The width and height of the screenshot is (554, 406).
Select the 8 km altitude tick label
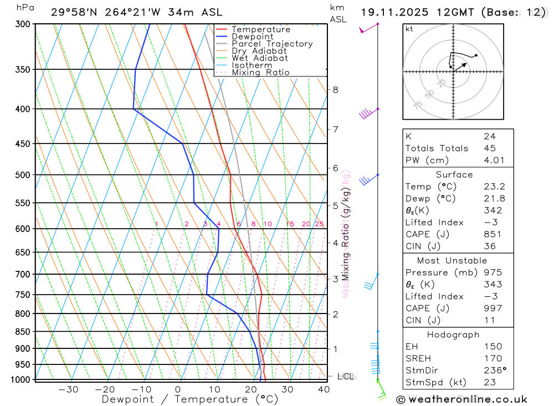[335, 90]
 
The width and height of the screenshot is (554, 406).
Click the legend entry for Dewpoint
[252, 37]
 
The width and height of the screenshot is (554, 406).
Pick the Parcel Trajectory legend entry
[271, 44]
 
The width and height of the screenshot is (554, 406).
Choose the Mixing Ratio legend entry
[260, 73]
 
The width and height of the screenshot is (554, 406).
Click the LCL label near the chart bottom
[345, 377]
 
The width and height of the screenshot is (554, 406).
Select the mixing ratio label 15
[290, 224]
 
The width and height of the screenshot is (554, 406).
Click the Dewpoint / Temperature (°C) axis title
[189, 399]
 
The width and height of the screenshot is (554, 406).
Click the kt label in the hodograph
[409, 29]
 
